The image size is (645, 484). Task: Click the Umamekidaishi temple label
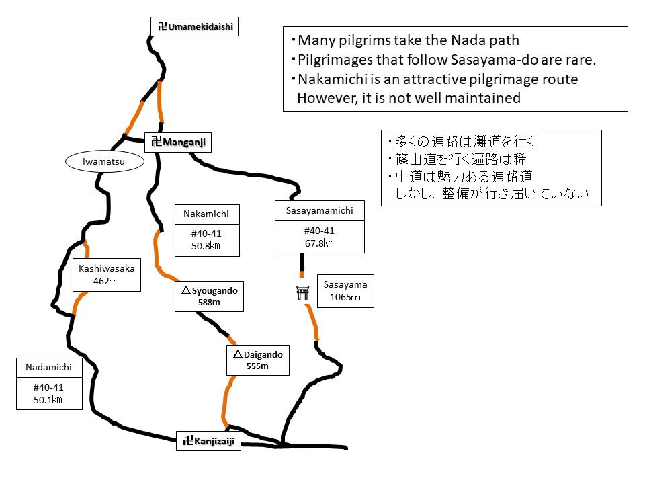click(x=194, y=26)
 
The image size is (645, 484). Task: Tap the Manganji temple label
click(x=178, y=142)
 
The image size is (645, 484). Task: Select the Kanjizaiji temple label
click(x=208, y=442)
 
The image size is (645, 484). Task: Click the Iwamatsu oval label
click(x=105, y=161)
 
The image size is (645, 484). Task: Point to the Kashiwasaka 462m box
click(x=107, y=274)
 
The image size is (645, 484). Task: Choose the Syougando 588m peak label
click(x=209, y=296)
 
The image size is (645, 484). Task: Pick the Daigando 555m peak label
click(x=257, y=360)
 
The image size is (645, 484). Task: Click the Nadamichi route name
click(x=48, y=367)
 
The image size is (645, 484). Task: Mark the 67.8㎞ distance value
click(x=319, y=243)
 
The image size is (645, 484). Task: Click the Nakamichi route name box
click(x=206, y=214)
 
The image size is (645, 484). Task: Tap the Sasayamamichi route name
click(x=319, y=211)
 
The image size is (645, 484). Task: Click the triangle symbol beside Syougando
click(x=185, y=291)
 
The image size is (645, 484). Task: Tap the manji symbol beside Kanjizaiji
click(x=188, y=442)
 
